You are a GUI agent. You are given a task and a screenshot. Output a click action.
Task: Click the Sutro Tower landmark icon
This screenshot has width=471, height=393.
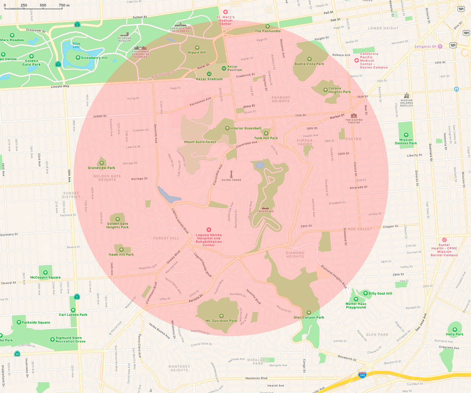pos(231,174)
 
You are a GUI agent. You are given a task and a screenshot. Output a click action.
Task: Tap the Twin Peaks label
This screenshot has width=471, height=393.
pos(265,211)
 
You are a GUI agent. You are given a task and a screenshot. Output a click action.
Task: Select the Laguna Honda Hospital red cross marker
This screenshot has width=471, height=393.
pos(209,230)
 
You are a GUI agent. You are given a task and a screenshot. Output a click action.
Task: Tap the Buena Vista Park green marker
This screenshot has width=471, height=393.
pos(309,59)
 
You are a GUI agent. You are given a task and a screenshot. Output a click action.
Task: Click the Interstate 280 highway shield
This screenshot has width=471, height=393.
pos(362,375)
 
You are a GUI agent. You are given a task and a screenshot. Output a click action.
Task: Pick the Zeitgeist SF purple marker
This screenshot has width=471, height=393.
pos(440,47)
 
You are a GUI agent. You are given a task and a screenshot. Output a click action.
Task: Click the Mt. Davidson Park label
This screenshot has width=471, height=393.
pos(221,321)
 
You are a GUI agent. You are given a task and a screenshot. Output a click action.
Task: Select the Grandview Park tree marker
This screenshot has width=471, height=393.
pos(102,163)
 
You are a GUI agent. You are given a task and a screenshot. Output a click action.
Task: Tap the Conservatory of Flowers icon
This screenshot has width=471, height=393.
pos(180,24)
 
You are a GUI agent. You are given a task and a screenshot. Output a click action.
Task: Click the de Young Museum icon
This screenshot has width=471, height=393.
pos(125,34)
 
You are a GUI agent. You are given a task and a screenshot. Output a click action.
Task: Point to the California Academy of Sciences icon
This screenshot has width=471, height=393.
pos(140,48)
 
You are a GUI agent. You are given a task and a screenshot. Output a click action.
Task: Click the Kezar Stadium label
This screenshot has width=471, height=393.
pos(209,79)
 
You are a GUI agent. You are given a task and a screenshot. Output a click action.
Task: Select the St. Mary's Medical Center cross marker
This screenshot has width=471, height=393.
pos(225,12)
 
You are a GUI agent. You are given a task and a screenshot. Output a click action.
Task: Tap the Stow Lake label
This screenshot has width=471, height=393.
pos(76,45)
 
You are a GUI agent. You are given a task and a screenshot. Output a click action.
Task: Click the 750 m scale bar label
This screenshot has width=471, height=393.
pos(64,5)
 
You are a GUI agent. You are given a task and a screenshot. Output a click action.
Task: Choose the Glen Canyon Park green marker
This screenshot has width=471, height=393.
pos(309,313)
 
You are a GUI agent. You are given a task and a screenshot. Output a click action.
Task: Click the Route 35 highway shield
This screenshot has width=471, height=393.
pos(17,354)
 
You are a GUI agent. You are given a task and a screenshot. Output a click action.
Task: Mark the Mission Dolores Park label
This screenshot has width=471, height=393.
pos(406,142)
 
